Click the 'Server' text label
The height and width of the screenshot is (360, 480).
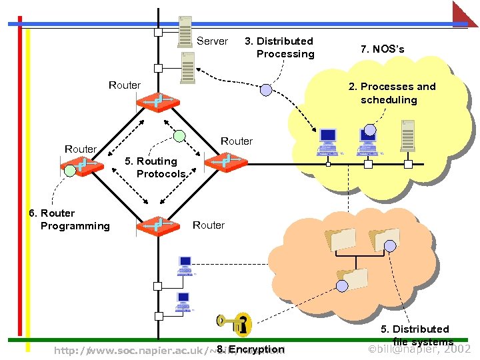(x=212, y=41)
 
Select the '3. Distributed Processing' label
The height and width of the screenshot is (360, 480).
(x=279, y=47)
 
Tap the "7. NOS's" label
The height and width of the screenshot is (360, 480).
(x=382, y=49)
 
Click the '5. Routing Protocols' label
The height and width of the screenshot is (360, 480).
(x=157, y=167)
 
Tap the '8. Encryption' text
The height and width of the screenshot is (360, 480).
(x=251, y=349)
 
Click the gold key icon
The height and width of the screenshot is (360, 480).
(x=235, y=324)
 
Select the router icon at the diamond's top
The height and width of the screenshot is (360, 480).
(x=157, y=102)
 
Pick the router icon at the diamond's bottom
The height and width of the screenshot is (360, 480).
(x=158, y=225)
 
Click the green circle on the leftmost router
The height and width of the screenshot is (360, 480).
(x=71, y=170)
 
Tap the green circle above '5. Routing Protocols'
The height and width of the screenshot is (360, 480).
(x=179, y=136)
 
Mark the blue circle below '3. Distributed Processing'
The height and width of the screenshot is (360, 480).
(x=266, y=89)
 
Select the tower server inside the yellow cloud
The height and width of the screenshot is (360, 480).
(x=407, y=137)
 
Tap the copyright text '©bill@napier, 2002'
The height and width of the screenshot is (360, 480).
(x=420, y=349)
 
